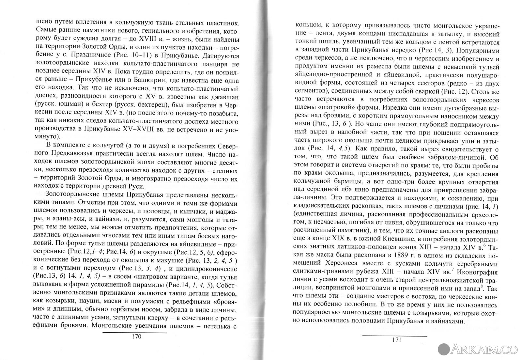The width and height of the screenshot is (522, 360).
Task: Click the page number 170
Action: tap(135, 337)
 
